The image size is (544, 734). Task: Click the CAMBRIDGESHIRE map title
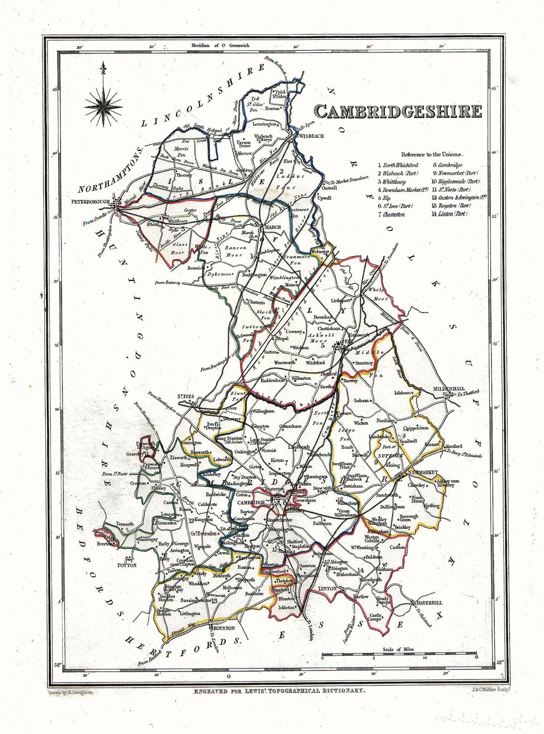pyautogui.click(x=398, y=112)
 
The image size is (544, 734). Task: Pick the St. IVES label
pyautogui.click(x=185, y=397)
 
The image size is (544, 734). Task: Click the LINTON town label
pyautogui.click(x=327, y=589)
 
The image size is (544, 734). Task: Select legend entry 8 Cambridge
pyautogui.click(x=447, y=164)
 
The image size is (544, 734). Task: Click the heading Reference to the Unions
pyautogui.click(x=432, y=154)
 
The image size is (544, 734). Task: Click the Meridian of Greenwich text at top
pyautogui.click(x=221, y=45)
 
